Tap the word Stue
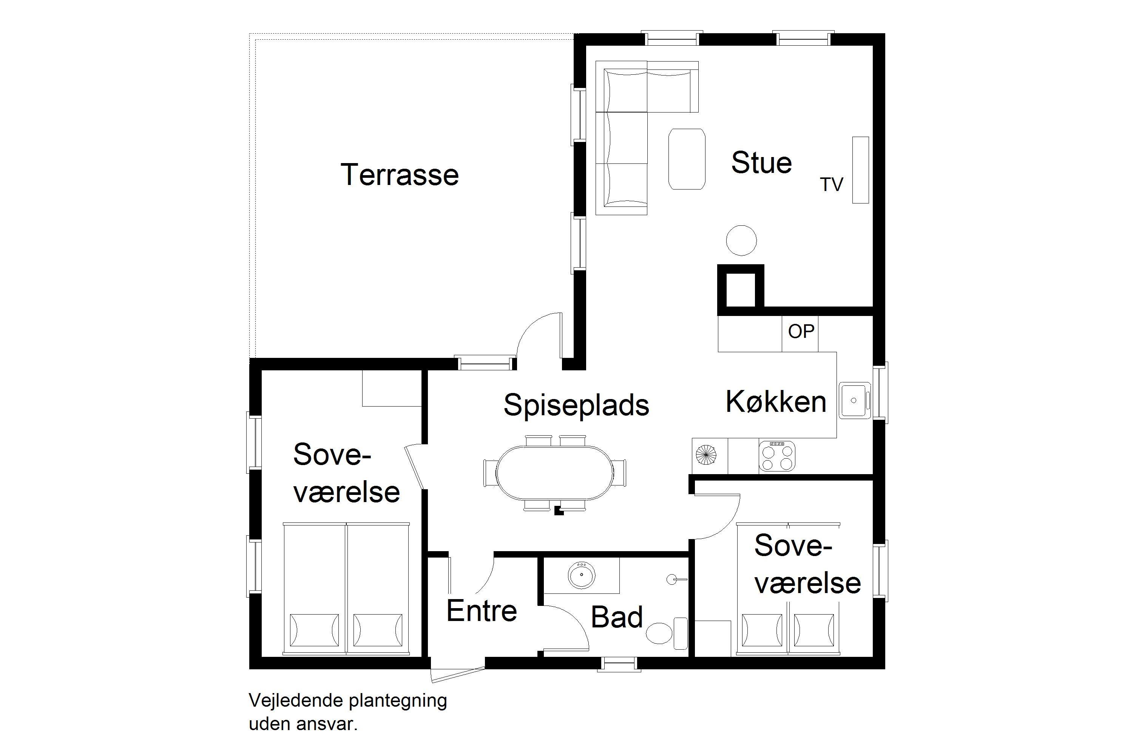coord(762,162)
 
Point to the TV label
coord(832,185)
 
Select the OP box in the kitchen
coord(800,333)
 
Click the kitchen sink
coord(855,400)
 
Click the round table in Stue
coord(741,240)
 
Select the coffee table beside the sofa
coord(687,159)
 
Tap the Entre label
coord(482,611)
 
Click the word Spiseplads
coord(577,405)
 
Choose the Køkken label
coord(776,402)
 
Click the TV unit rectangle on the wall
coord(861,170)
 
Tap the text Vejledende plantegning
coord(348,701)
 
